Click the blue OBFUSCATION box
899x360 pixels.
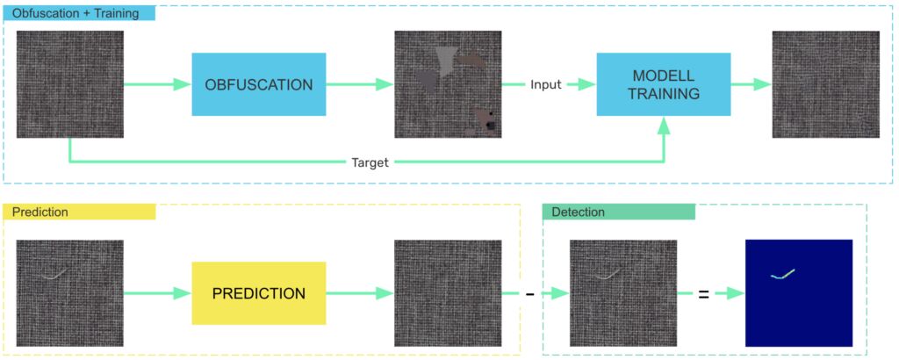tap(259, 84)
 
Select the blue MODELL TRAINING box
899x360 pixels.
tap(665, 84)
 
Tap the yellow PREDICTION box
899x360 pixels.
tap(259, 293)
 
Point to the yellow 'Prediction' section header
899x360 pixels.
tap(79, 212)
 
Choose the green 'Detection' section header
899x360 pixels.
tap(618, 212)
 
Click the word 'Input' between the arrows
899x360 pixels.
tap(545, 85)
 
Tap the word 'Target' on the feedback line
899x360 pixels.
tap(370, 162)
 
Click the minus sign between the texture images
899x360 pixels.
tap(529, 294)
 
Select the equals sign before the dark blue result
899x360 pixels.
tap(703, 294)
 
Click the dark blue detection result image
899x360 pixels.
tap(799, 292)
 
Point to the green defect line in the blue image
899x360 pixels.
tap(783, 274)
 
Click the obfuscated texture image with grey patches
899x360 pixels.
tap(448, 84)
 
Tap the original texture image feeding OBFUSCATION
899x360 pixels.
tap(70, 84)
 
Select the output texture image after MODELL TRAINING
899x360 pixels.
tap(825, 84)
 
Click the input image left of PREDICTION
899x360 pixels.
tap(70, 292)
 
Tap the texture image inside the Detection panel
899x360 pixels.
tap(623, 292)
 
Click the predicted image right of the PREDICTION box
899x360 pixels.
tap(448, 292)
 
